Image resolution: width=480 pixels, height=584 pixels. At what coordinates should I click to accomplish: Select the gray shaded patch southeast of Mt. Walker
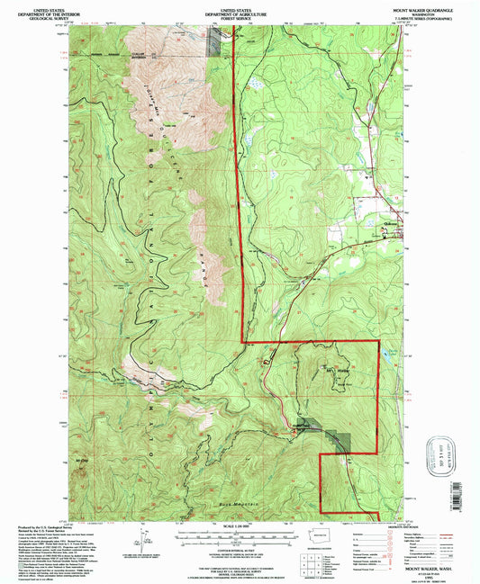[x=340, y=439]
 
